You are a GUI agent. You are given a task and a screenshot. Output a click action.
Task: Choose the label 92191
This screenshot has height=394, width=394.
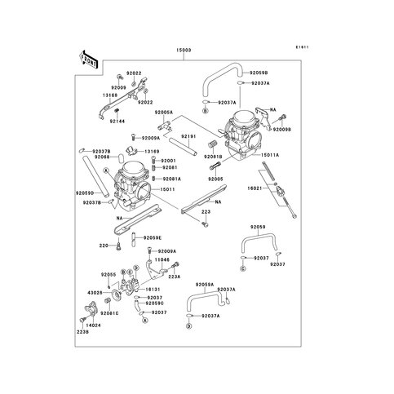click(x=188, y=136)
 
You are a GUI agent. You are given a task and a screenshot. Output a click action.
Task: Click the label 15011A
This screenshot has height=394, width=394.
click(x=271, y=153)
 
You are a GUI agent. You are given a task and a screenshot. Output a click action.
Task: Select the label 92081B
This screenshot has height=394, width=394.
click(x=214, y=156)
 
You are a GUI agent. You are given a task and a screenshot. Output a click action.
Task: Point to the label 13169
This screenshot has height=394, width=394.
click(x=152, y=151)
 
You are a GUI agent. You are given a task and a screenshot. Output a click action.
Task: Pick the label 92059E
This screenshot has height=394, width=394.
click(x=153, y=237)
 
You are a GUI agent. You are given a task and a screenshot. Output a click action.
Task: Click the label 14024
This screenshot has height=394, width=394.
click(x=94, y=324)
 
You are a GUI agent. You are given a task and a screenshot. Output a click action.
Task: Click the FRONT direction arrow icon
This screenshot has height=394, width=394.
click(x=87, y=60)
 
